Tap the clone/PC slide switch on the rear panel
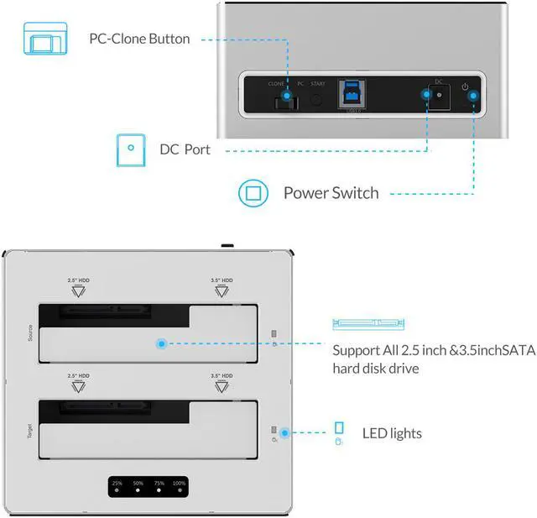[x=284, y=102]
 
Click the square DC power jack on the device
[x=438, y=97]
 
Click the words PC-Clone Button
[x=139, y=39]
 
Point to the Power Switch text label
[x=331, y=193]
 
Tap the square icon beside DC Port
[x=130, y=149]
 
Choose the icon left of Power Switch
[x=252, y=193]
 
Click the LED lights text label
[x=392, y=433]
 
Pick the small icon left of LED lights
[x=339, y=433]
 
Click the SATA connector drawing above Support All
[x=368, y=323]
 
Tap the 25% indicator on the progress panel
[x=117, y=488]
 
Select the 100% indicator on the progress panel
[x=179, y=488]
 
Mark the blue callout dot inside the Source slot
[x=160, y=343]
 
